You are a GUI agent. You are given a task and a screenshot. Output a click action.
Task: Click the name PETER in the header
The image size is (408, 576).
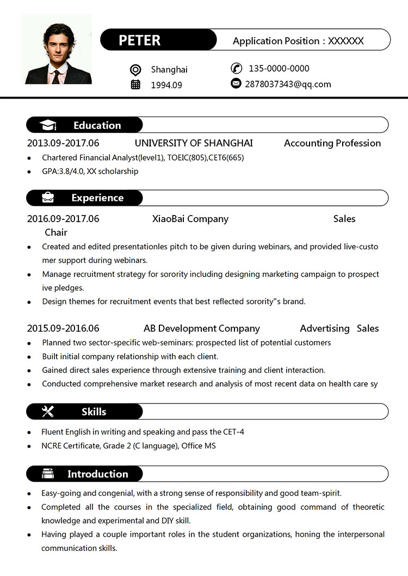pyautogui.click(x=140, y=40)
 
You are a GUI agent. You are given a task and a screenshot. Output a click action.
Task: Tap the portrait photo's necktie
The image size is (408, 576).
pyautogui.click(x=56, y=76)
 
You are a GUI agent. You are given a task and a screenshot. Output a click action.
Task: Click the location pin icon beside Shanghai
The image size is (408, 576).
pyautogui.click(x=135, y=70)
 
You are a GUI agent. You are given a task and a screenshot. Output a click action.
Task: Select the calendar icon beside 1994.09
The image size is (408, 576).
pyautogui.click(x=135, y=84)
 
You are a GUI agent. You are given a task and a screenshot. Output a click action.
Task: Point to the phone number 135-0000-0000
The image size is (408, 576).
pyautogui.click(x=279, y=69)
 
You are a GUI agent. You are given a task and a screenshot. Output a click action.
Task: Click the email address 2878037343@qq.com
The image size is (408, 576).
pyautogui.click(x=288, y=84)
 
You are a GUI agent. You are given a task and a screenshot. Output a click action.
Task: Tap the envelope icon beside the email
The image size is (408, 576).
pyautogui.click(x=236, y=83)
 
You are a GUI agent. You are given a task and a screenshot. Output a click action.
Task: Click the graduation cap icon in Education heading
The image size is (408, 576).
pyautogui.click(x=48, y=125)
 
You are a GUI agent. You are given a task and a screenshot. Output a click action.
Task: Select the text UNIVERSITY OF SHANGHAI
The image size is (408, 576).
pyautogui.click(x=194, y=143)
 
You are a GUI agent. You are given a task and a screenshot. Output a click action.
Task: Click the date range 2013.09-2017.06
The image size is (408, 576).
pyautogui.click(x=63, y=143)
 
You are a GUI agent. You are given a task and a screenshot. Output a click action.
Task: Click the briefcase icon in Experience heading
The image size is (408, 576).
pyautogui.click(x=48, y=198)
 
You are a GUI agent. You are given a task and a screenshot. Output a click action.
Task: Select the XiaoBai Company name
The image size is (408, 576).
pyautogui.click(x=190, y=219)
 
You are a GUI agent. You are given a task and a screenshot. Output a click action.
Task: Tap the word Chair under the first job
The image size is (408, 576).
pyautogui.click(x=56, y=232)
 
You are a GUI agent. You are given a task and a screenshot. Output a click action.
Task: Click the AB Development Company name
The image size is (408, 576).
pyautogui.click(x=201, y=328)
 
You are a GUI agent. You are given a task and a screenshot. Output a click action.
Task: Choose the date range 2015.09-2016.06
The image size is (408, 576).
pyautogui.click(x=63, y=328)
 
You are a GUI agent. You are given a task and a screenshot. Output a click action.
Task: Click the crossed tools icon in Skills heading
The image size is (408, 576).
pyautogui.click(x=48, y=412)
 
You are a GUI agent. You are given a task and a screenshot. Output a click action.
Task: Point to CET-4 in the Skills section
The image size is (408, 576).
pyautogui.click(x=233, y=432)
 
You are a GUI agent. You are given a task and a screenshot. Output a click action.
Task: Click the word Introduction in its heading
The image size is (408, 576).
pyautogui.click(x=97, y=474)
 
